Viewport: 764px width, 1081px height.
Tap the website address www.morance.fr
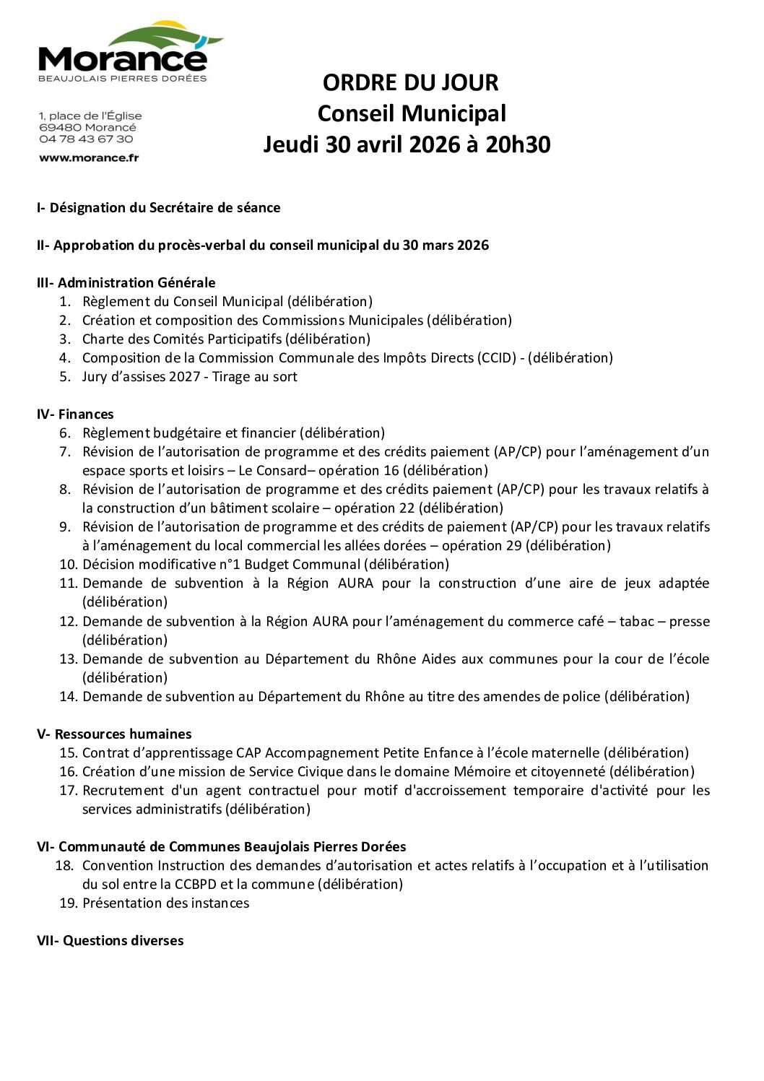tap(89, 157)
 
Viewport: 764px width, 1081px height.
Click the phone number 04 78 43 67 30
tap(86, 139)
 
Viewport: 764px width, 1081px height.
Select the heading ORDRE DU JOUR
tap(410, 82)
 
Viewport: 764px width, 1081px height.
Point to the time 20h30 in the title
tap(518, 144)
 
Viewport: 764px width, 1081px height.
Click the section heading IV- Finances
tap(75, 414)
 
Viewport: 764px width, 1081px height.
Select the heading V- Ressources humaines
tap(114, 734)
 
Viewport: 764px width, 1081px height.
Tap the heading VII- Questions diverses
tap(110, 940)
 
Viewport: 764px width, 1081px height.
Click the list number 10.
tap(68, 564)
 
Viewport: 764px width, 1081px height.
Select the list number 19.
tap(68, 903)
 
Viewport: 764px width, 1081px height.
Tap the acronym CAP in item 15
tap(249, 752)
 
